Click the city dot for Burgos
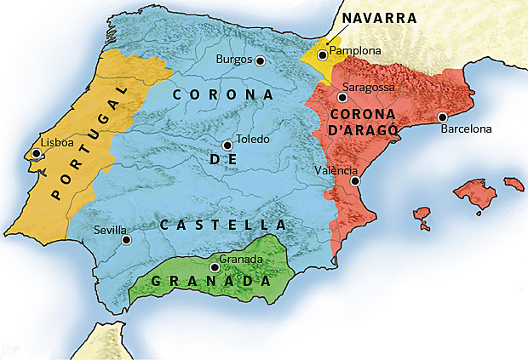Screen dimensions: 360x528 click(x=260, y=60)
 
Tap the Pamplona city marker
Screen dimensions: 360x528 click(x=323, y=55)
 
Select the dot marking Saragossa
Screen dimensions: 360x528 click(x=342, y=98)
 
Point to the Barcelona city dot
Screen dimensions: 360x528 click(x=442, y=117)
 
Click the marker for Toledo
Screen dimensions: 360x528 click(x=226, y=146)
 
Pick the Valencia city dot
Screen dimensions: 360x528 click(x=355, y=181)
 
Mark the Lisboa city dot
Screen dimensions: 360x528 click(x=36, y=154)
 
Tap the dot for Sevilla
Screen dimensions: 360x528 click(x=127, y=240)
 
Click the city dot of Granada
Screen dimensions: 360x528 click(x=215, y=267)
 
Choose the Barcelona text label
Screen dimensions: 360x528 click(x=466, y=129)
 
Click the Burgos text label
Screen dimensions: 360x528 click(x=234, y=60)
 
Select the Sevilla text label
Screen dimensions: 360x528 click(x=111, y=230)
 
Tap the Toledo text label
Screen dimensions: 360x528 click(x=252, y=139)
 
